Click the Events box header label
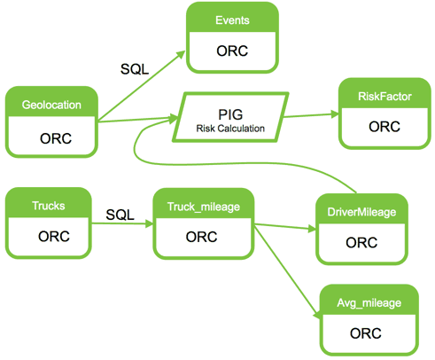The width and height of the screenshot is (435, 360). click(232, 20)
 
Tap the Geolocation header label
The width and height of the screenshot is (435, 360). click(51, 105)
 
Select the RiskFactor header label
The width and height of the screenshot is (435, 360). click(385, 97)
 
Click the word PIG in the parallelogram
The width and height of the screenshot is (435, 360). click(230, 114)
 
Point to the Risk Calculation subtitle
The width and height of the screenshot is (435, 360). click(230, 129)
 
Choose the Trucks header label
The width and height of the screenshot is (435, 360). click(49, 206)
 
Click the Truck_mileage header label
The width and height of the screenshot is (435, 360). click(204, 207)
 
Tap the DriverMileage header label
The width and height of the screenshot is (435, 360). click(361, 212)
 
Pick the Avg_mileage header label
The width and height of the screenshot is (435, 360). click(369, 303)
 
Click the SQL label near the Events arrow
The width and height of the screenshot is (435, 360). click(135, 69)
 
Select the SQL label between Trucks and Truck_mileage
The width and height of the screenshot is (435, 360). click(120, 215)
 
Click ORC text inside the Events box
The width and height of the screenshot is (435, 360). click(232, 51)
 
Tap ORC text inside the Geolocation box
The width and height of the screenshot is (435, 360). click(56, 138)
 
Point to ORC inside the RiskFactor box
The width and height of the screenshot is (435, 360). click(385, 127)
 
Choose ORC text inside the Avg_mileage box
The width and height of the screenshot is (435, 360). click(366, 333)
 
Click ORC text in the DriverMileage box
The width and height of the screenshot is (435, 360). click(361, 242)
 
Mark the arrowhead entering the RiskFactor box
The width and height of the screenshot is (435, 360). click(335, 114)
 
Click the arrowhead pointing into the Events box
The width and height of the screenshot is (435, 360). click(181, 56)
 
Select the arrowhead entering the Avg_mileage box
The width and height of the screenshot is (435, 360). click(316, 314)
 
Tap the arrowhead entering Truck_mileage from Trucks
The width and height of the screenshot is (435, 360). click(150, 223)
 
